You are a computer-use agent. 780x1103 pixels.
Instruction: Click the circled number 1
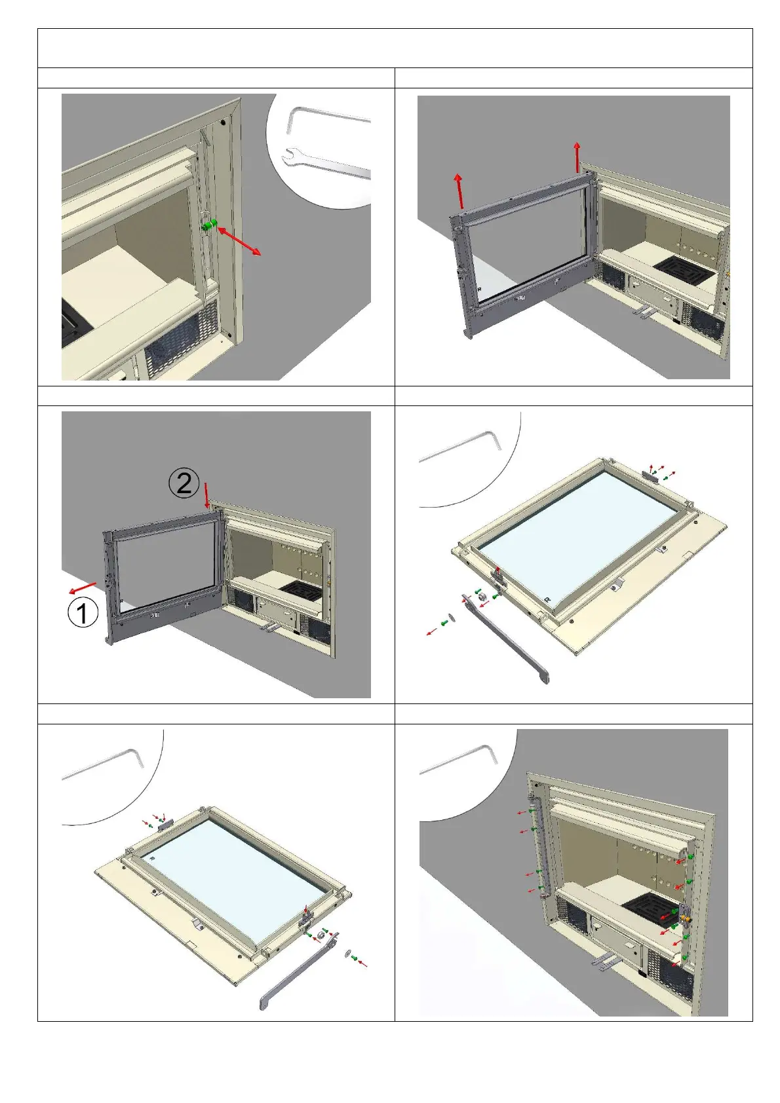pyautogui.click(x=83, y=613)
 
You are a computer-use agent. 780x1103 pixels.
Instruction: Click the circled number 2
pyautogui.click(x=184, y=483)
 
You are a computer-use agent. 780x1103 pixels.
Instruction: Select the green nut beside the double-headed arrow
pyautogui.click(x=208, y=225)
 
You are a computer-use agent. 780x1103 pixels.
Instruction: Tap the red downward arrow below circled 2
pyautogui.click(x=206, y=495)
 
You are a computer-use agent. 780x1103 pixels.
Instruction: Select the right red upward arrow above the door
pyautogui.click(x=577, y=157)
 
